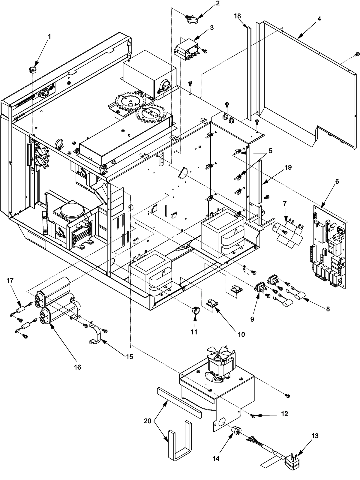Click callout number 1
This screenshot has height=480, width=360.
click(49, 36)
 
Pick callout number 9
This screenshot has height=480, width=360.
click(252, 319)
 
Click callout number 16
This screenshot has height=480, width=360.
click(77, 367)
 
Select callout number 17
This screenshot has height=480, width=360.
click(10, 280)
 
